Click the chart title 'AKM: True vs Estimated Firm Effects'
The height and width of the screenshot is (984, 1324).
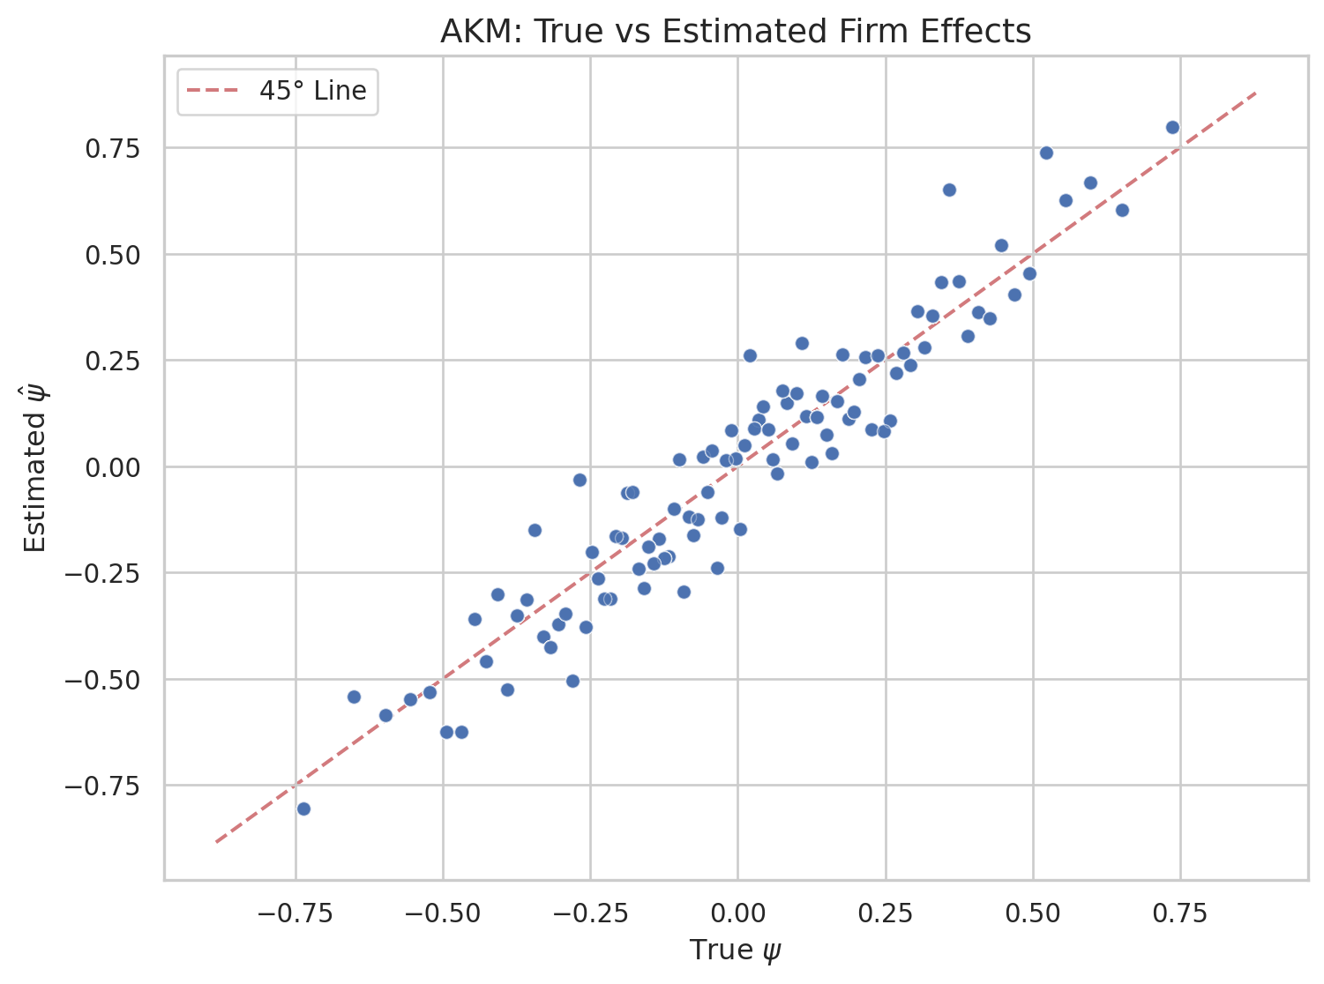735,32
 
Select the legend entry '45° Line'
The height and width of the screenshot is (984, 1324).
312,91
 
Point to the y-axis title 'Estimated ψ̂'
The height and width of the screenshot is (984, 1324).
35,468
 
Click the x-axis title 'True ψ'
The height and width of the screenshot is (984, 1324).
735,950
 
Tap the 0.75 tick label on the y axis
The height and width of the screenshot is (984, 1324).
114,148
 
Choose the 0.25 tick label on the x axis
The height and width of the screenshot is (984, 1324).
885,913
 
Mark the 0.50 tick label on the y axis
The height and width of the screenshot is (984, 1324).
114,255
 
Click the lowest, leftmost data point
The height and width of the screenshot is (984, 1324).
303,809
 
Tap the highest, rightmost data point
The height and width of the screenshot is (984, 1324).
1172,127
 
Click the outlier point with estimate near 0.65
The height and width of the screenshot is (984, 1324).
949,190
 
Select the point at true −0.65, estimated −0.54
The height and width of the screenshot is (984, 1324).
354,697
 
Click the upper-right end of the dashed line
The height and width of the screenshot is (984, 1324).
1255,92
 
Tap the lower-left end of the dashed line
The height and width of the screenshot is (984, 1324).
216,842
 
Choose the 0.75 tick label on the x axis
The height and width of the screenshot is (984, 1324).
1179,913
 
